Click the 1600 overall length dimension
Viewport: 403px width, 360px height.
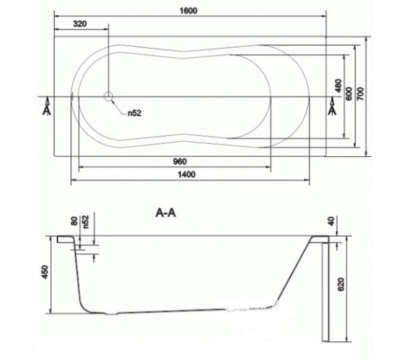click(x=189, y=11)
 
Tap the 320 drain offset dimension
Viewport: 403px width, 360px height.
click(x=80, y=24)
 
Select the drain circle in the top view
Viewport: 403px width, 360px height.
click(x=108, y=96)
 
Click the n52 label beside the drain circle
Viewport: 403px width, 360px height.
click(x=135, y=113)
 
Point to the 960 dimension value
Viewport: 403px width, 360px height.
click(x=180, y=162)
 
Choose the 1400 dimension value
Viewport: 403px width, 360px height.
click(x=186, y=174)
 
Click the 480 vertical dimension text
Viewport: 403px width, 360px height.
click(x=339, y=86)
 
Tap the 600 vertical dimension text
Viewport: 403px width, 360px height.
click(x=349, y=94)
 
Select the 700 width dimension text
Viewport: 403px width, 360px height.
click(x=361, y=94)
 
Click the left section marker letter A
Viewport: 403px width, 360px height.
click(x=47, y=111)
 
